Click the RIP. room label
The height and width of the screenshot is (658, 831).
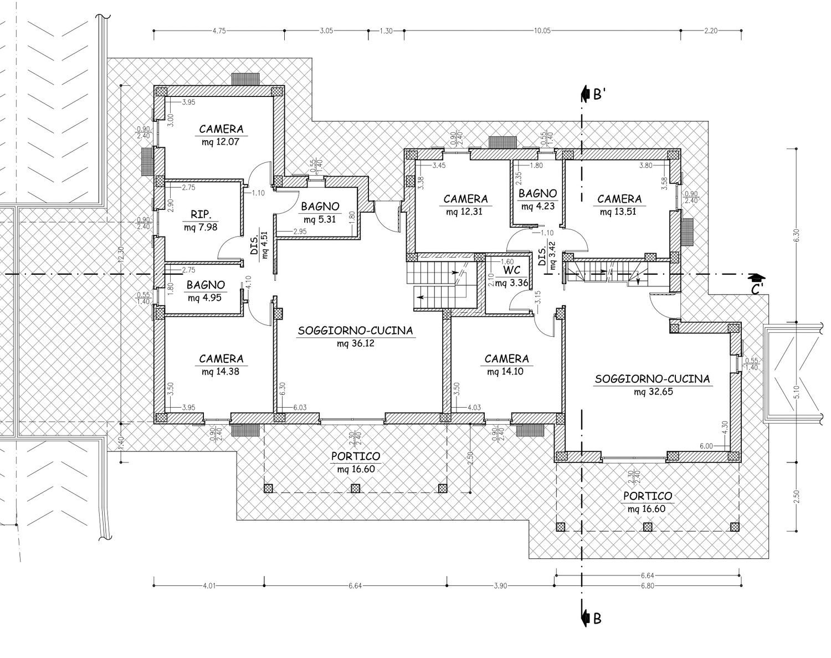click(201, 214)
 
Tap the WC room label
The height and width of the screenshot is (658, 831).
click(512, 270)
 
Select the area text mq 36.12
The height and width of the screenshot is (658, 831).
click(356, 343)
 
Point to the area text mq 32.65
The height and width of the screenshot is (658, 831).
click(653, 392)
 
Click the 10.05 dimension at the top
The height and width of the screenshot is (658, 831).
click(542, 31)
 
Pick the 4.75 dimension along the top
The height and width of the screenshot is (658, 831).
click(219, 31)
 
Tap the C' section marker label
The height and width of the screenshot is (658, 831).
click(757, 290)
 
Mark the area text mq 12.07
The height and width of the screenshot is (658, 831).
click(220, 142)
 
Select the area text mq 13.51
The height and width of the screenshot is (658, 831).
click(618, 212)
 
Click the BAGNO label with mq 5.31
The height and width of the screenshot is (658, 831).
click(320, 207)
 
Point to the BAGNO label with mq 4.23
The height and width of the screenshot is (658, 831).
click(537, 193)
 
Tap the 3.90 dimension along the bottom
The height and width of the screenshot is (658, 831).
click(500, 586)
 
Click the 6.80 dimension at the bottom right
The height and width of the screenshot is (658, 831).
click(648, 586)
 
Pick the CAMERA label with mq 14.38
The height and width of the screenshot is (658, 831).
click(221, 359)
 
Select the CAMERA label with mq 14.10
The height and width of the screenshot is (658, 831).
click(506, 359)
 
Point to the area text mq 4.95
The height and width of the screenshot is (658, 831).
click(204, 298)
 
